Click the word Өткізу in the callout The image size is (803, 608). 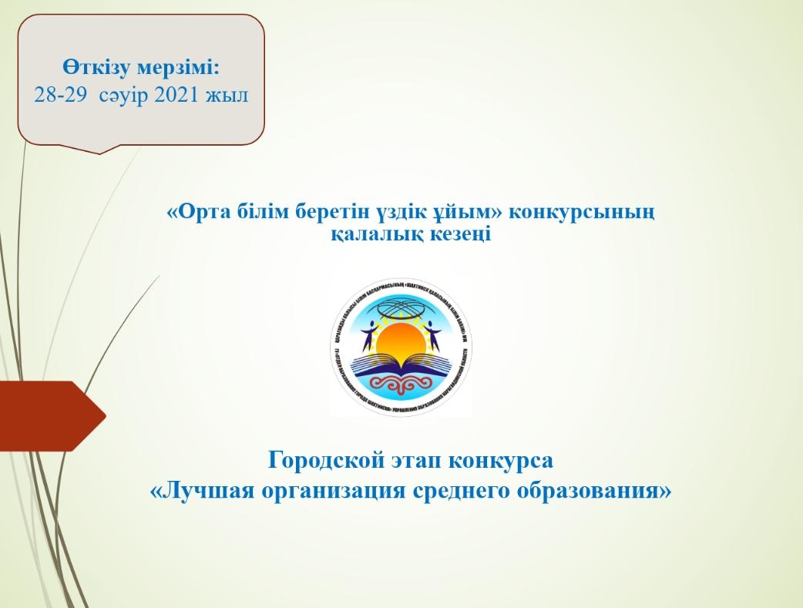98,67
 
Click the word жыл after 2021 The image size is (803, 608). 229,95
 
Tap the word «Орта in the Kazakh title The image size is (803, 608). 197,212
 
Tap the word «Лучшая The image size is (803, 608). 199,491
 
